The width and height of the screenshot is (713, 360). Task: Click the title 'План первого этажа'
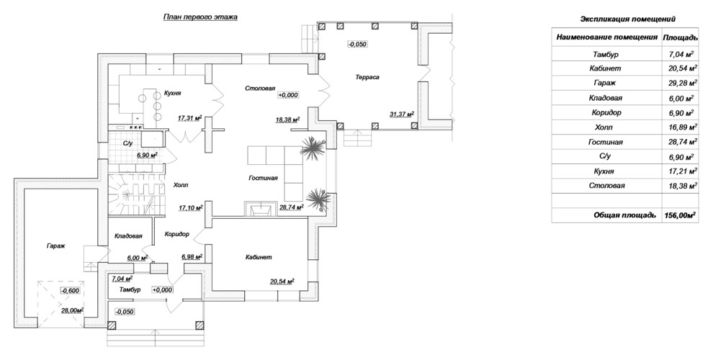200,17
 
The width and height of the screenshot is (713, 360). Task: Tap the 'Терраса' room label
367,77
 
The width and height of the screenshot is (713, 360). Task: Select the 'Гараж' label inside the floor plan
56,246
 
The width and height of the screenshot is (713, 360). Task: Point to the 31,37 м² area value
402,114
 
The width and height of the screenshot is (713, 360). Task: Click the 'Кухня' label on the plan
173,93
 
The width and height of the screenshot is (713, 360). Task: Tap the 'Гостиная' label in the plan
263,178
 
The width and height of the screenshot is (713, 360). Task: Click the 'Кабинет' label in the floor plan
259,257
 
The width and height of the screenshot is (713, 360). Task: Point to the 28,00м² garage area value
73,311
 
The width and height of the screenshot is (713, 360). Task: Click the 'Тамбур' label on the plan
130,289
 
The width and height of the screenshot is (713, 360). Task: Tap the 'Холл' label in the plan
181,186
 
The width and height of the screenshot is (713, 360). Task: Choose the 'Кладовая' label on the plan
129,236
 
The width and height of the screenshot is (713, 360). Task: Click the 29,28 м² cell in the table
681,84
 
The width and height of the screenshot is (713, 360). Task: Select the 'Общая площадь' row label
625,215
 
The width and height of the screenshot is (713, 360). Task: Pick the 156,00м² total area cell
681,215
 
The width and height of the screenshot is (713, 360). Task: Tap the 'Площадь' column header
681,37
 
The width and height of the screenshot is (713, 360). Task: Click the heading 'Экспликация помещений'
628,19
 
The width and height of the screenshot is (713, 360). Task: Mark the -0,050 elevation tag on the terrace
357,44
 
